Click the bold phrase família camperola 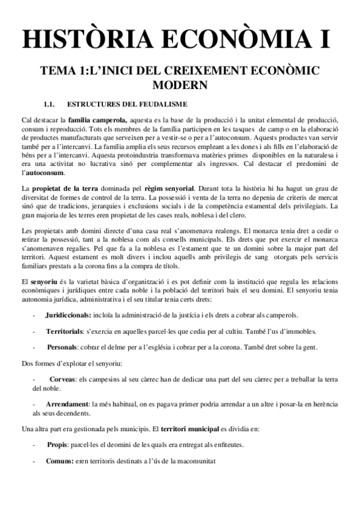(x=97, y=121)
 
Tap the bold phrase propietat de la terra (x=64, y=189)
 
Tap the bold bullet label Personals (x=62, y=348)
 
